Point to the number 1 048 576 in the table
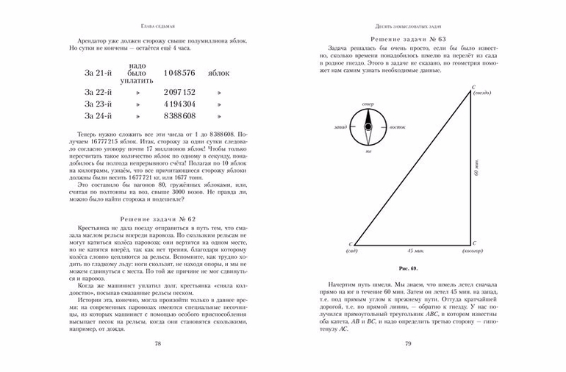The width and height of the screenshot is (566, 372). click(179, 74)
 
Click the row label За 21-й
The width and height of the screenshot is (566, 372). click(98, 74)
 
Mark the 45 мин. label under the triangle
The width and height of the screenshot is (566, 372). click(415, 251)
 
